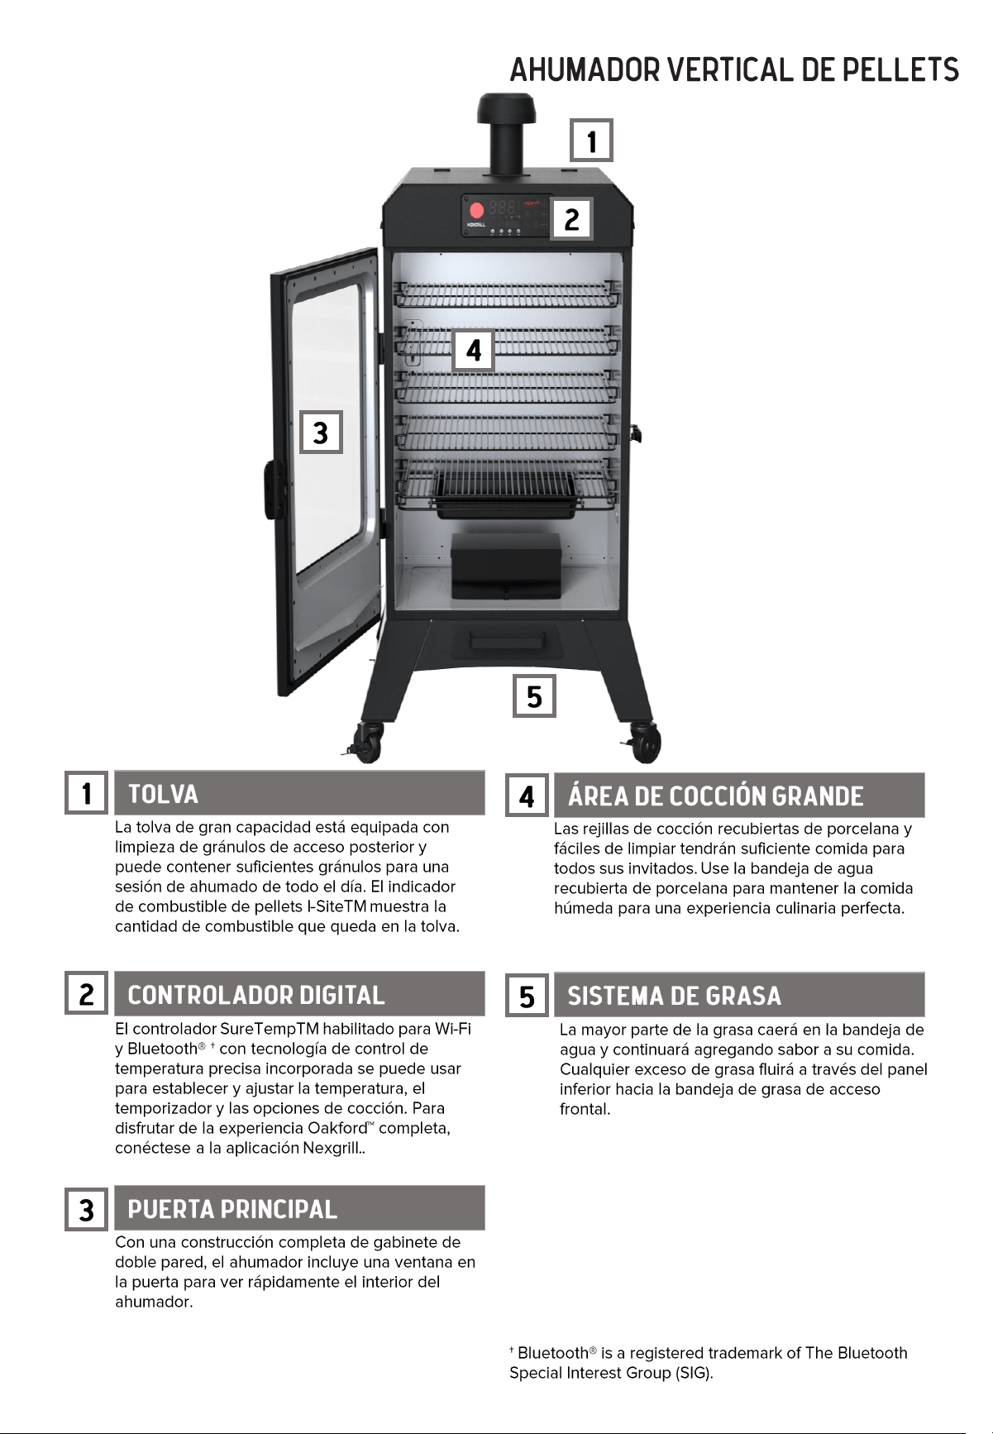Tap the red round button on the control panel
click(476, 210)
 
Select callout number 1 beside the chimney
click(592, 141)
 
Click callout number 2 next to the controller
click(571, 219)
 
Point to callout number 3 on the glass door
click(321, 432)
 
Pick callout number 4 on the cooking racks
click(474, 351)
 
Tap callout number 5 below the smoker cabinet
click(534, 696)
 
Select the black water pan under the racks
click(504, 494)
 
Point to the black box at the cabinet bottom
click(507, 566)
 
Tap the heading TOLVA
click(164, 795)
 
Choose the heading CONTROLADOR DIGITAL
click(256, 995)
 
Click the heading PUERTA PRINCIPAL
click(232, 1210)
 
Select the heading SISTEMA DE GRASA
click(674, 996)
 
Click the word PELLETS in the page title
click(901, 70)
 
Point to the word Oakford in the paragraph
click(337, 1128)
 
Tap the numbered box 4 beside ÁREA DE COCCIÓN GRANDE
click(527, 796)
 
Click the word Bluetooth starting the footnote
click(552, 1353)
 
